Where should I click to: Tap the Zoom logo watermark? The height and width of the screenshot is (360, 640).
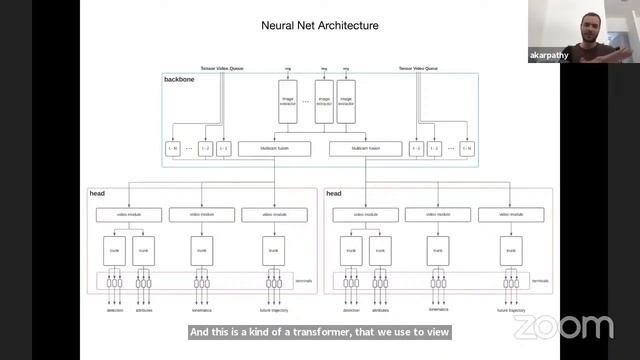click(x=563, y=326)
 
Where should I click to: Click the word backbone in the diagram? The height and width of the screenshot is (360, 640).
click(x=180, y=78)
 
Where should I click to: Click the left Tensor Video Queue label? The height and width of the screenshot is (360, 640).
click(x=222, y=68)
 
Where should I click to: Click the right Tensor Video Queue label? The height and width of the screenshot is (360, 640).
click(x=419, y=68)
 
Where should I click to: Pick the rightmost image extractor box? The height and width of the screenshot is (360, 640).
click(x=346, y=103)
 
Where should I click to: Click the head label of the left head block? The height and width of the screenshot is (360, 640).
click(x=97, y=193)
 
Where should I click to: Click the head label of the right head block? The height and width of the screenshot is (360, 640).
click(x=334, y=193)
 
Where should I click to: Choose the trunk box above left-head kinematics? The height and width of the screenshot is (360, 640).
click(x=201, y=250)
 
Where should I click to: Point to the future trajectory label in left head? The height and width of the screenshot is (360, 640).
click(x=272, y=311)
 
